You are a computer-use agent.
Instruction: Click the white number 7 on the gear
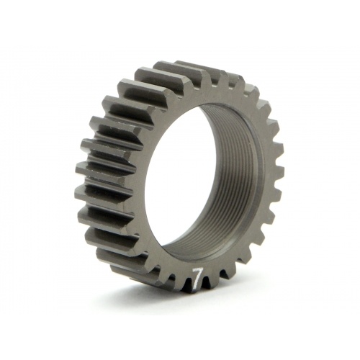click(197, 277)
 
